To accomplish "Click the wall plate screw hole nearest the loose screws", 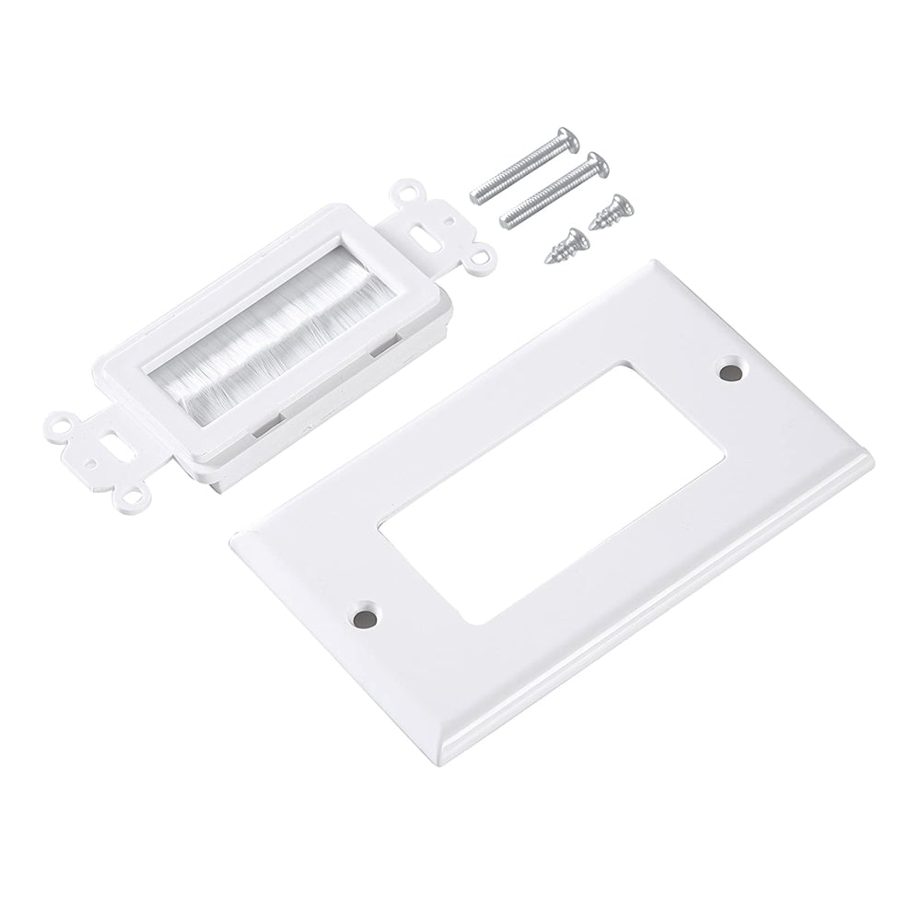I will [x=733, y=373].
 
